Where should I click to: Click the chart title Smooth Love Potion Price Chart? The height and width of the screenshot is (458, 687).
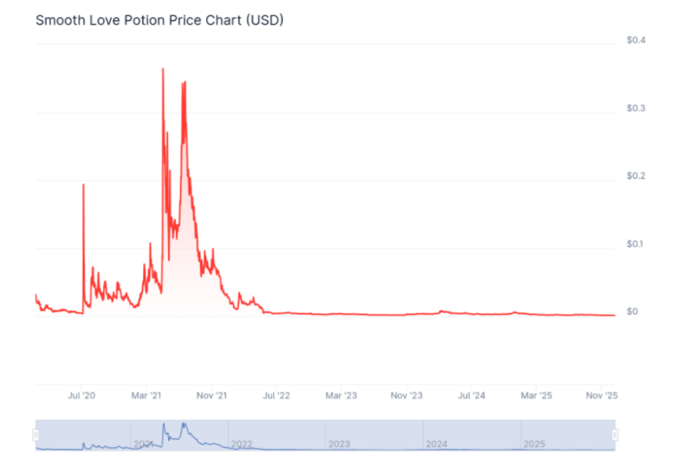159,19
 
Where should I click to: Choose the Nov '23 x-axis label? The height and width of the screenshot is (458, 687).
407,396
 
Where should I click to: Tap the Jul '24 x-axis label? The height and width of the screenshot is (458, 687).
472,396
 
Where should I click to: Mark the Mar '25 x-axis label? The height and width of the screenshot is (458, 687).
537,396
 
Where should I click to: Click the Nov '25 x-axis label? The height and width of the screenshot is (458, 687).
602,396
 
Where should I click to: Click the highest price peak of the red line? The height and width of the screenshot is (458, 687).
163,70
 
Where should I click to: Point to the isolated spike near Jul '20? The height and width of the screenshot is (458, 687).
83,185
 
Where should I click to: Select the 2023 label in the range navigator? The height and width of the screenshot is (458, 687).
340,443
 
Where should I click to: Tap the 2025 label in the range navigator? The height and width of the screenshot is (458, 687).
534,443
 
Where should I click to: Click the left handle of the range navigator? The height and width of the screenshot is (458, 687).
35,434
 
